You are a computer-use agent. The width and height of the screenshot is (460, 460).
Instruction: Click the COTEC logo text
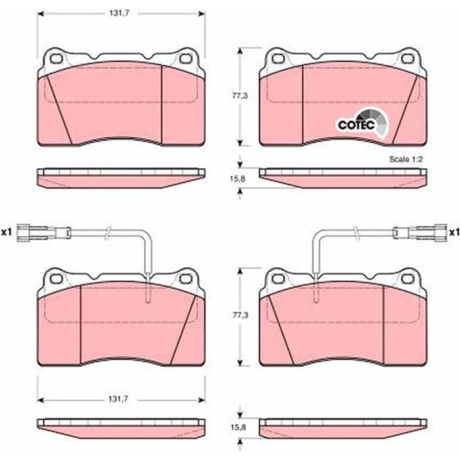tap(357, 125)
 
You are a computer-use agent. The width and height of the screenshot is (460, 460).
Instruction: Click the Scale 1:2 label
tap(406, 160)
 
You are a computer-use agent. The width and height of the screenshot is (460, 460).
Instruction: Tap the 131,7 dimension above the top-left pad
tap(119, 14)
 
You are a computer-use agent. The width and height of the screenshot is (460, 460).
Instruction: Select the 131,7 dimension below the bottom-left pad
tap(118, 399)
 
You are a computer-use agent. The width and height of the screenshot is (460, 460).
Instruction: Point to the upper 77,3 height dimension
tap(240, 96)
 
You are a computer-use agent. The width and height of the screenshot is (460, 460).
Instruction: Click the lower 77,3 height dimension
tap(240, 315)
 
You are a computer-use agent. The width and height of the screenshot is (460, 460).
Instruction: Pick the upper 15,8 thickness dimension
tap(238, 179)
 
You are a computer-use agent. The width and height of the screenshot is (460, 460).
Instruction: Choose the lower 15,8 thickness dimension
tap(238, 427)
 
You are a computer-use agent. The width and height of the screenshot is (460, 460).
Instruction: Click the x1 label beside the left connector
tap(7, 232)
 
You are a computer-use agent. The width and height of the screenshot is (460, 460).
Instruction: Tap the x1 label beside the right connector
tap(453, 232)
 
